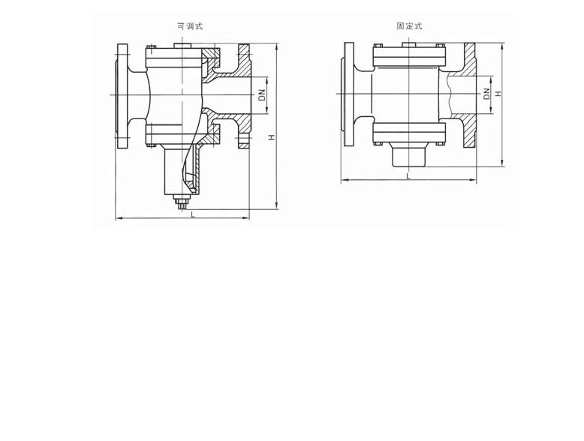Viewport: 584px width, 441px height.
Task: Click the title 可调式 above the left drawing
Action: (x=190, y=26)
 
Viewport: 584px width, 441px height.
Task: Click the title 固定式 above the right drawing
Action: (x=409, y=26)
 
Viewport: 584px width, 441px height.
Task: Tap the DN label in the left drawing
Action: (x=263, y=95)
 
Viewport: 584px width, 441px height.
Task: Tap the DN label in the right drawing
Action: (x=486, y=94)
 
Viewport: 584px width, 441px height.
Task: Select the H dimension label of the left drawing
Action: (x=272, y=137)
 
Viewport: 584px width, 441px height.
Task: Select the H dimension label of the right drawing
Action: (x=498, y=94)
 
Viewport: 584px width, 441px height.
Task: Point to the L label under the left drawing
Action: (x=193, y=214)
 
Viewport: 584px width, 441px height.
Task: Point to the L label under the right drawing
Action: (x=408, y=176)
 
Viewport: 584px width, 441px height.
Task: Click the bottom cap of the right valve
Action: (x=408, y=154)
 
